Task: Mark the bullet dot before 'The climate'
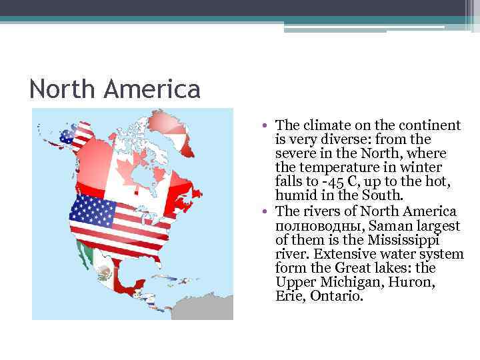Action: (x=265, y=125)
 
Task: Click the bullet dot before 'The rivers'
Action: (x=265, y=211)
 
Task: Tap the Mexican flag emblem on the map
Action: (x=105, y=272)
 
